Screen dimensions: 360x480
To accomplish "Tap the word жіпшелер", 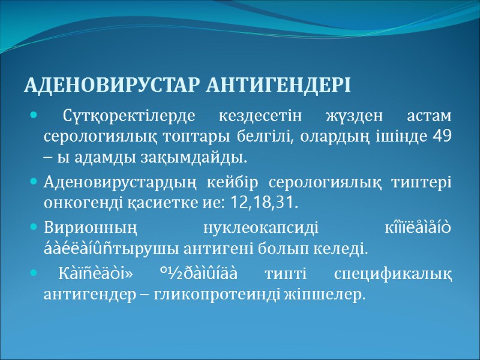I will click(333, 295).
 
